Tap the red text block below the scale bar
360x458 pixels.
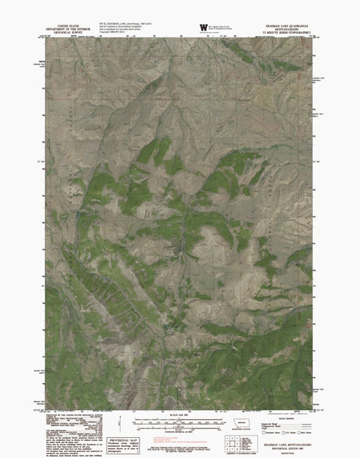pos(180,445)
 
